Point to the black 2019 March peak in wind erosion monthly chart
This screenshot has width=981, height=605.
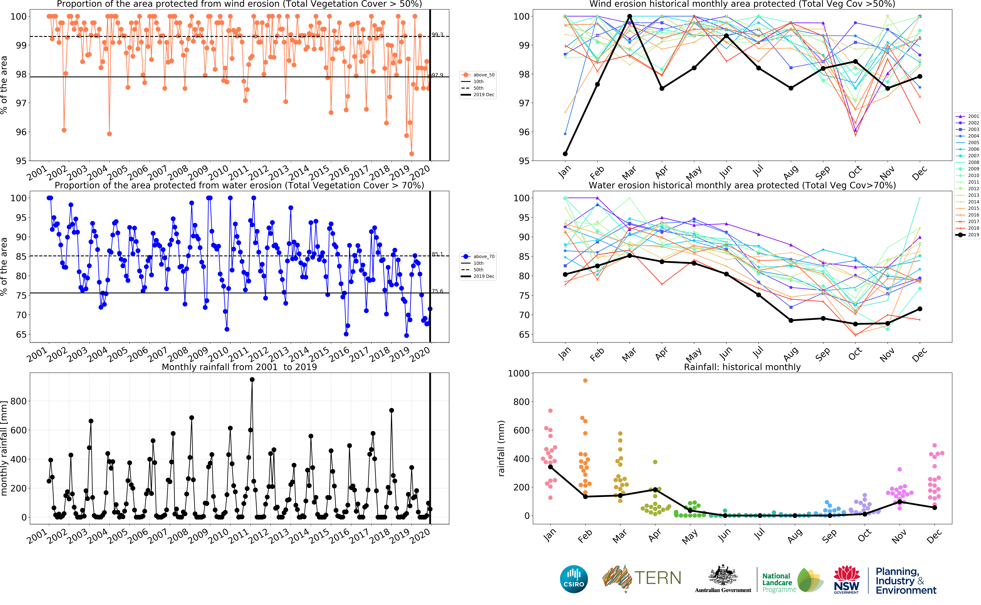coord(630,16)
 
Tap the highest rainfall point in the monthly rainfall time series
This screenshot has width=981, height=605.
coord(252,380)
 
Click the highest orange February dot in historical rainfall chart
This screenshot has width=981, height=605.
coord(585,381)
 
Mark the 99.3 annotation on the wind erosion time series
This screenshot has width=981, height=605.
coord(437,35)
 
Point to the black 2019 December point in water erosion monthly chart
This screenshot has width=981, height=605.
coord(920,309)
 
